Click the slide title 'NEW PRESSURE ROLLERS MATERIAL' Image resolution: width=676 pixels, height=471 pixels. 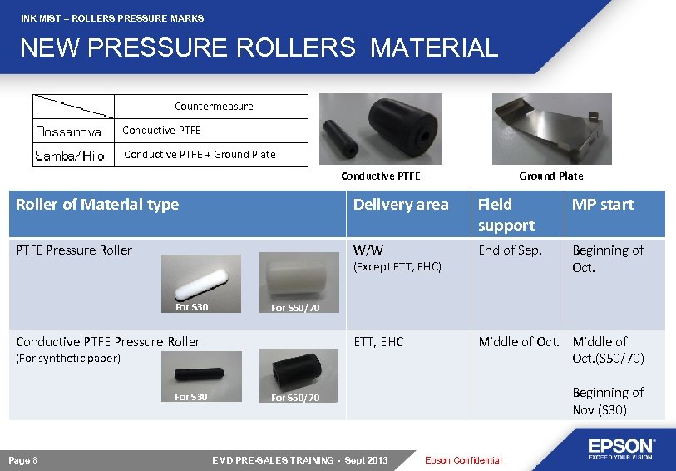pos(259,47)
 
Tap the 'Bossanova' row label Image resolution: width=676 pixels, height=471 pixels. pos(68,132)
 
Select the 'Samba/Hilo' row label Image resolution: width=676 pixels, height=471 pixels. pos(69,156)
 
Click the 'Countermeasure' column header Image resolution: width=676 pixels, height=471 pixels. pos(214,107)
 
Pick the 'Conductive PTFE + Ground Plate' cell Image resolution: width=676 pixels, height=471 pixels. pos(200,154)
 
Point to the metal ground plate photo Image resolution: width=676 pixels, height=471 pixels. pos(551,129)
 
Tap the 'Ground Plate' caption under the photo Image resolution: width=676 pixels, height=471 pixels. pos(550,176)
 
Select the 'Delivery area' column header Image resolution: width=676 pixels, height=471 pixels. pos(401,205)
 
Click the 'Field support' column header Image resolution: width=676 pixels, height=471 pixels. pos(506,215)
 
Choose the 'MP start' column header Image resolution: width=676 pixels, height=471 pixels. pos(602,205)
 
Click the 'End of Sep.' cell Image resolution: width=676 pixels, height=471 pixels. pos(510,250)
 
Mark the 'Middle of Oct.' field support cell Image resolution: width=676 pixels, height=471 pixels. pos(519,342)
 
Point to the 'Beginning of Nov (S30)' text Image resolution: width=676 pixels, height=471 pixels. pos(608,400)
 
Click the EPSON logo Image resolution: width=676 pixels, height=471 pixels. pos(622,448)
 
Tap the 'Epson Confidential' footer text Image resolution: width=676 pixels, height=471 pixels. pos(463,460)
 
